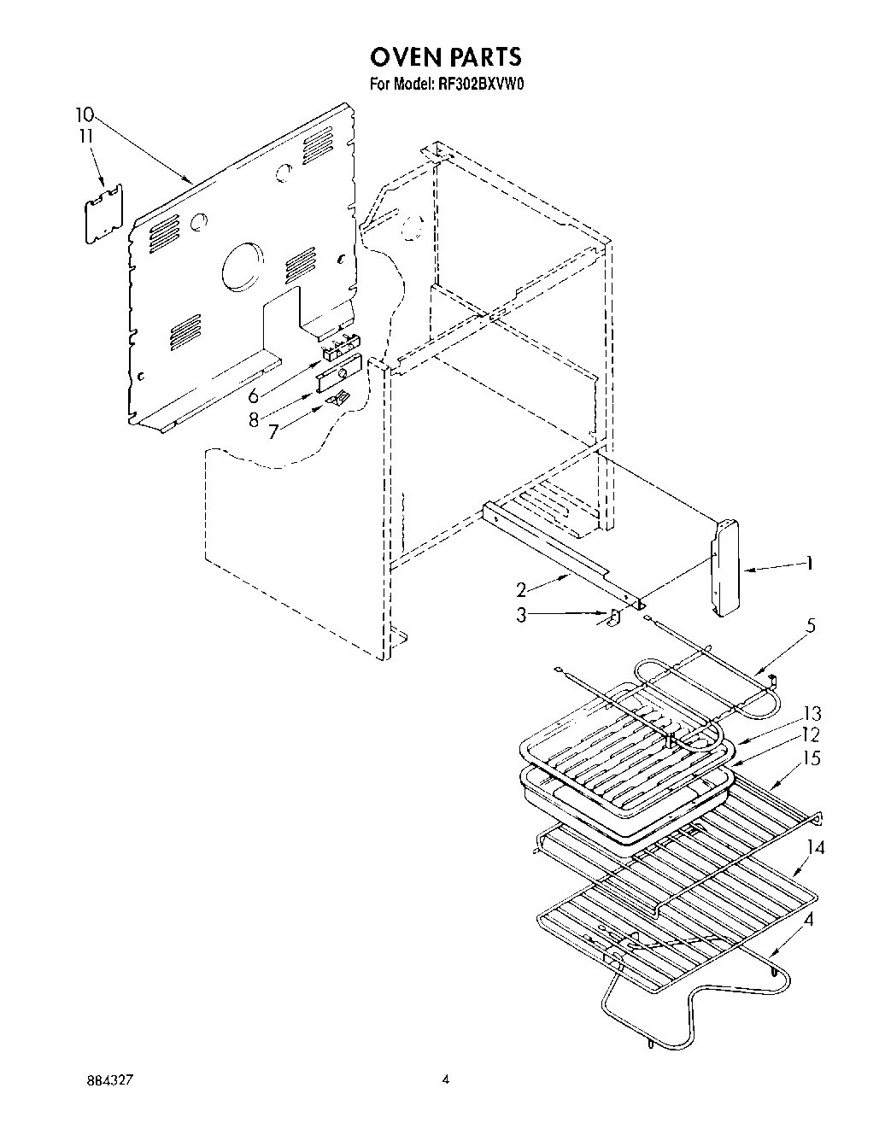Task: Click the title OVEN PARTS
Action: coord(444,56)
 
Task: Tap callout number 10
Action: coord(85,114)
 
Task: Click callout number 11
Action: coord(85,136)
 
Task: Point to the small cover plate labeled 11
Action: coord(104,214)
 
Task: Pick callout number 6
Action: coord(253,395)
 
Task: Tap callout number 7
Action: coord(273,431)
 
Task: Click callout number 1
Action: coord(808,563)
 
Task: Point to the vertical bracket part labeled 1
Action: coord(725,568)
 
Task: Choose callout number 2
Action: coord(521,588)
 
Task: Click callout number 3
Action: coord(521,614)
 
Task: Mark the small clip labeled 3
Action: coord(613,617)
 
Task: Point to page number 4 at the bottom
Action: coord(445,1079)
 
